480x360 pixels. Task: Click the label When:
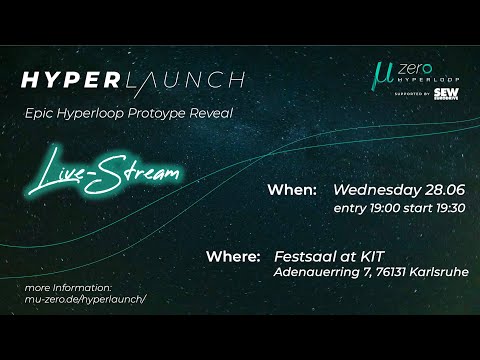(x=293, y=189)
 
